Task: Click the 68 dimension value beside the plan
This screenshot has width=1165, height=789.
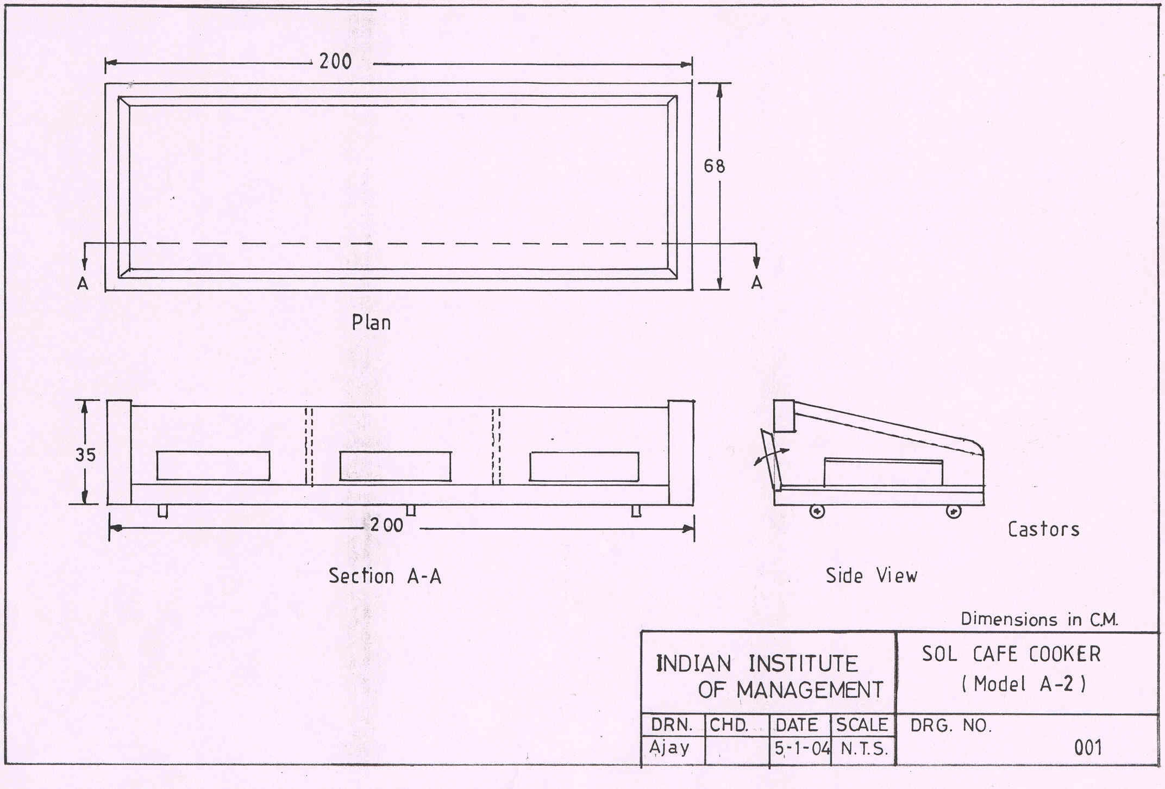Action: click(x=714, y=166)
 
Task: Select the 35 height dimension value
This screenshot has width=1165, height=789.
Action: click(x=85, y=455)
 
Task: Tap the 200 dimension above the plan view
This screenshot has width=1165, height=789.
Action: click(x=335, y=61)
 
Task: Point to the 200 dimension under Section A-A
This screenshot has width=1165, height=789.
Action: click(x=387, y=525)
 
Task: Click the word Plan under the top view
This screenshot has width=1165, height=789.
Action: click(x=371, y=322)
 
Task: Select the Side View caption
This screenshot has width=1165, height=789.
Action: click(x=871, y=575)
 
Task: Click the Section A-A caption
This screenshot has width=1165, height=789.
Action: click(x=385, y=576)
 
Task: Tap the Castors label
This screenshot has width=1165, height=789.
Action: click(x=1043, y=529)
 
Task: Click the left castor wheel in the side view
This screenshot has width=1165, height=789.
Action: click(x=817, y=512)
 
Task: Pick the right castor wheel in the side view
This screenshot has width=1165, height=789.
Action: click(x=954, y=512)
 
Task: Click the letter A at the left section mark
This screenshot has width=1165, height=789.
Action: click(x=83, y=283)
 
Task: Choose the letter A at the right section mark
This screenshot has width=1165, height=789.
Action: click(x=756, y=283)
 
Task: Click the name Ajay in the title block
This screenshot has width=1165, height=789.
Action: click(x=669, y=748)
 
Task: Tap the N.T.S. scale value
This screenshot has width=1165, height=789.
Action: click(x=864, y=749)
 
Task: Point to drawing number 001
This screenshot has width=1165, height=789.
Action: click(x=1088, y=748)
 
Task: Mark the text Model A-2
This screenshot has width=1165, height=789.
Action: click(x=1024, y=684)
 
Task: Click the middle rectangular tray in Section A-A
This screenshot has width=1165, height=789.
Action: click(x=395, y=466)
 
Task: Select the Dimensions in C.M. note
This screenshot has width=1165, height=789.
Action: click(x=1039, y=619)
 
